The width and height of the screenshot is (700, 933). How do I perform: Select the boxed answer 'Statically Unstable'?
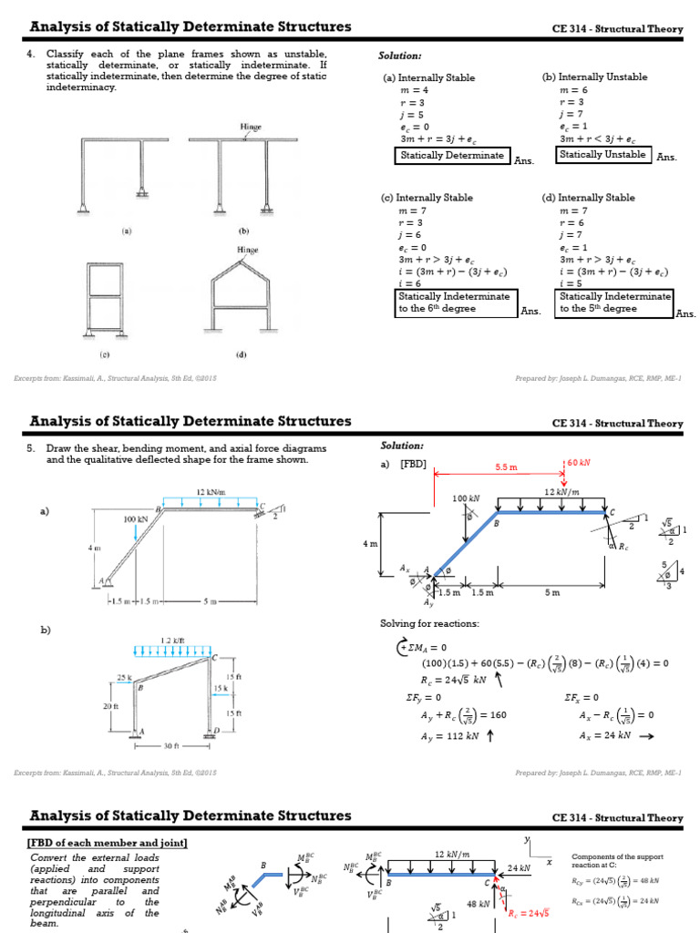(602, 155)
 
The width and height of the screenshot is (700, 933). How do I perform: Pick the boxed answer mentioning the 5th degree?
(614, 302)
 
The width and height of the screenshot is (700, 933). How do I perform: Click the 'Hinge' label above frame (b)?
(251, 128)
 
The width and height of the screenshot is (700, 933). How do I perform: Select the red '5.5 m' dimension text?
(507, 466)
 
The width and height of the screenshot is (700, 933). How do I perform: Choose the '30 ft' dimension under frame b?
(173, 744)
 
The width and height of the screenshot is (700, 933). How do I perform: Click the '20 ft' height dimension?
(111, 706)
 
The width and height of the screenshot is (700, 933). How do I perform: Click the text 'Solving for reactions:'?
(428, 624)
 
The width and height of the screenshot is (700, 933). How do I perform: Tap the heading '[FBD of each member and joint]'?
(108, 843)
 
